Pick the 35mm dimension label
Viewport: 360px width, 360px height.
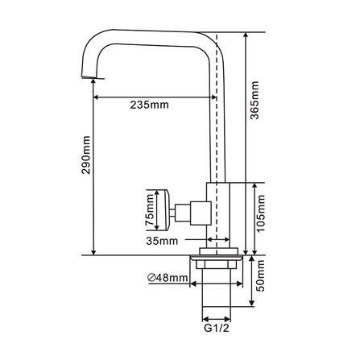pyautogui.click(x=163, y=241)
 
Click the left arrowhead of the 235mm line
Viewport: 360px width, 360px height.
pyautogui.click(x=99, y=97)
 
